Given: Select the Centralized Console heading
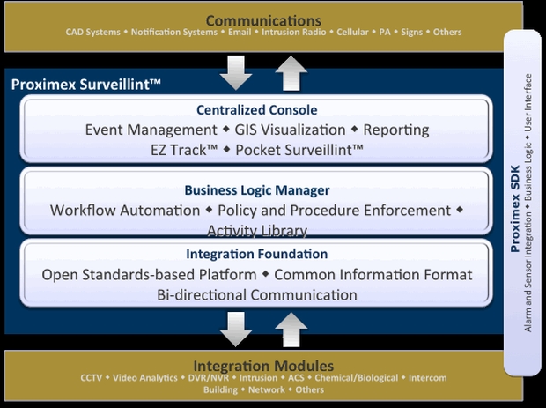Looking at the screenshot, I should (x=256, y=110).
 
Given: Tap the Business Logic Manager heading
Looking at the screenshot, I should (x=256, y=189).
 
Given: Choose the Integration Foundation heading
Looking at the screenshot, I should (x=256, y=255).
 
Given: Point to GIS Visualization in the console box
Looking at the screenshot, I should (x=291, y=130).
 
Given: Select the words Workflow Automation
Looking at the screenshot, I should (x=125, y=211).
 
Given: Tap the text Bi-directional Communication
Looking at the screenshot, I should (x=256, y=294).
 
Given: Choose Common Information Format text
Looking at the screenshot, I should (x=378, y=274).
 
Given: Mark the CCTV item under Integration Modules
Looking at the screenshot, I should (x=92, y=378).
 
